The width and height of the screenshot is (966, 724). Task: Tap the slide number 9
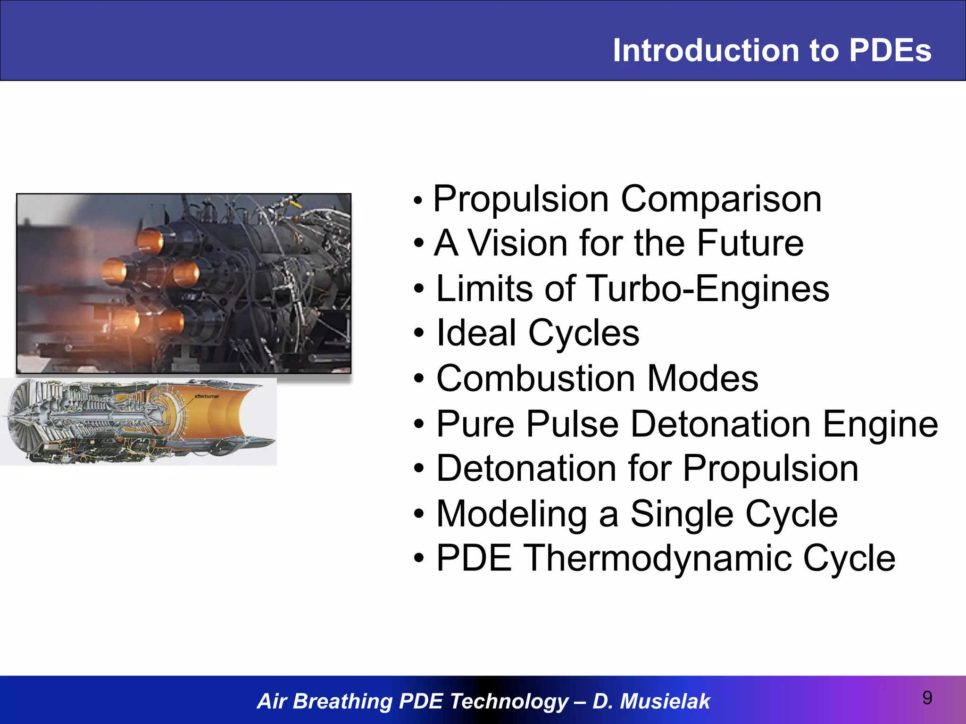pyautogui.click(x=927, y=698)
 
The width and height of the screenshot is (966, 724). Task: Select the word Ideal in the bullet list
pyautogui.click(x=476, y=333)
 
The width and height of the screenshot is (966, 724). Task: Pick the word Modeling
pyautogui.click(x=512, y=514)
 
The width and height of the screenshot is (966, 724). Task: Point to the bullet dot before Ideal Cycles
pyautogui.click(x=419, y=334)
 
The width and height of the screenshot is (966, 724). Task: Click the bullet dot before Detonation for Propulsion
pyautogui.click(x=419, y=469)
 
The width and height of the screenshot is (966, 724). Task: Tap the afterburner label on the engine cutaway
pyautogui.click(x=207, y=396)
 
